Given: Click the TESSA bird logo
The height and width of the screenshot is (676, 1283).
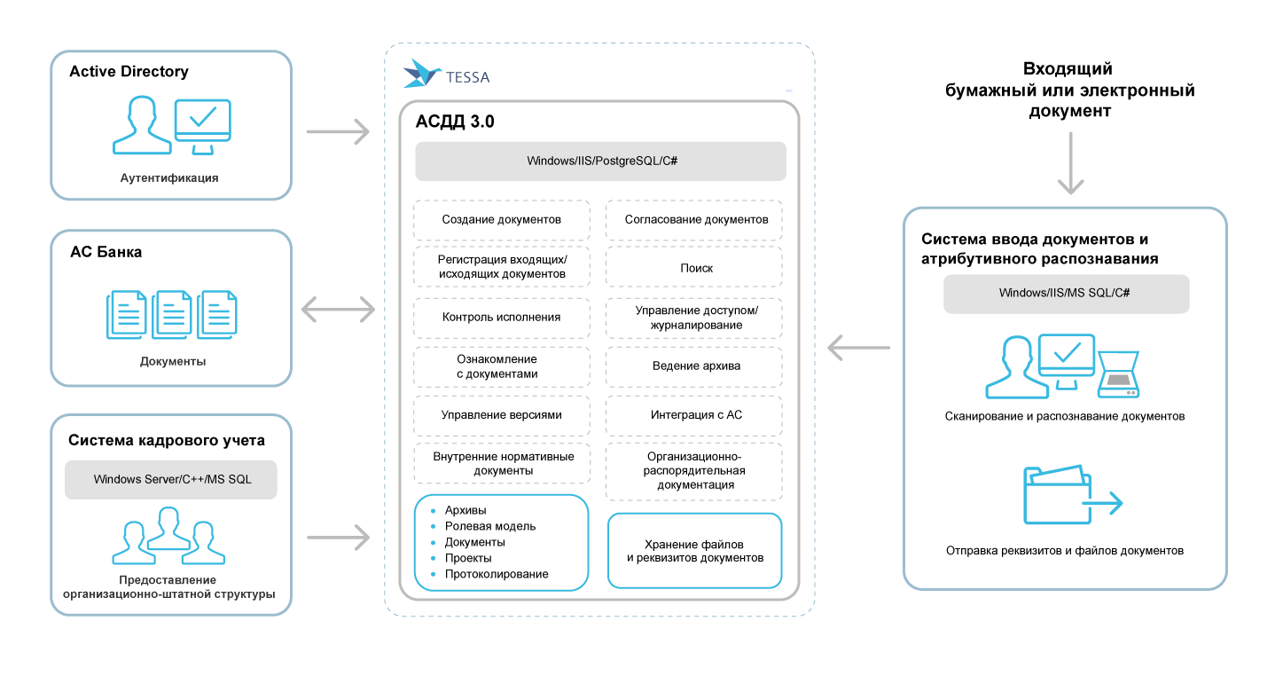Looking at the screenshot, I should pyautogui.click(x=422, y=74).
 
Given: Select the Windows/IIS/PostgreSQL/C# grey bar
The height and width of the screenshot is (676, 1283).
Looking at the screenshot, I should pyautogui.click(x=601, y=161).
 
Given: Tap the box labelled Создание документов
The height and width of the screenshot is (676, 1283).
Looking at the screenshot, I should pyautogui.click(x=502, y=219).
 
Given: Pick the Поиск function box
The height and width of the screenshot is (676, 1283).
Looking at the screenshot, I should pyautogui.click(x=694, y=268).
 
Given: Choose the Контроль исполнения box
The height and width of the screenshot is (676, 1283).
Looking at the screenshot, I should pyautogui.click(x=502, y=317).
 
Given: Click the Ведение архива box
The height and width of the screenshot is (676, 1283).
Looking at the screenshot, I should pyautogui.click(x=694, y=366).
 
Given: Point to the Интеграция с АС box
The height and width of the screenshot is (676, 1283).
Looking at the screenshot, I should pyautogui.click(x=694, y=414).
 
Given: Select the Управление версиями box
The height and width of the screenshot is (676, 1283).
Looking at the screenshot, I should pyautogui.click(x=502, y=414).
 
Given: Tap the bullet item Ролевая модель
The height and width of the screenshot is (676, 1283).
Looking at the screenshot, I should pyautogui.click(x=490, y=526).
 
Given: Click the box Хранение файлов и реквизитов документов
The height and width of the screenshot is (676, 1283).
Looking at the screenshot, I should pyautogui.click(x=694, y=551).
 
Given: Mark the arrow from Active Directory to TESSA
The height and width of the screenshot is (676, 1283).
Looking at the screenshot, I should pyautogui.click(x=337, y=131).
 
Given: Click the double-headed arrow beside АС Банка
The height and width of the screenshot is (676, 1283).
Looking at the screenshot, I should pyautogui.click(x=338, y=309).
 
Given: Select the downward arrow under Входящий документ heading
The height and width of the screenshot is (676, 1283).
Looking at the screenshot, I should pyautogui.click(x=1071, y=163).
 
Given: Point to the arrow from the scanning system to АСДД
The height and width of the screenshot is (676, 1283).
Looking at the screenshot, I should pyautogui.click(x=858, y=349).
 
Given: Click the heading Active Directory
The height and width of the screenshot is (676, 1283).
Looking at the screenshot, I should pyautogui.click(x=129, y=72).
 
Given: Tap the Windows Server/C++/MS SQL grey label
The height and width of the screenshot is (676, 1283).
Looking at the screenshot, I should pyautogui.click(x=172, y=479).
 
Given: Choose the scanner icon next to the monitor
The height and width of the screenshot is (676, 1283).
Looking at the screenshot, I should pyautogui.click(x=1118, y=374).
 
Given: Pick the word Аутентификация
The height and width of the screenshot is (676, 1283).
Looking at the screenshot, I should pyautogui.click(x=169, y=177).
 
